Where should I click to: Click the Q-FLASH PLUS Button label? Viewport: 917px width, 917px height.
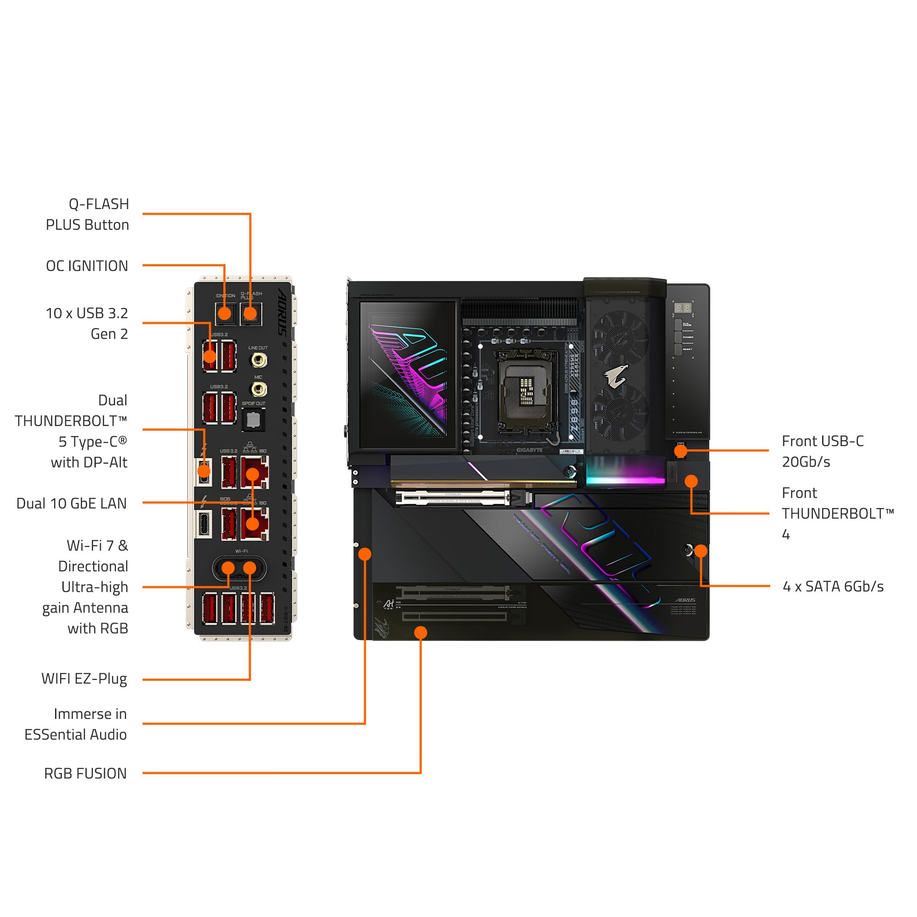[x=87, y=215]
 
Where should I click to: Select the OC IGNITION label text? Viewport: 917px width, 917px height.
[x=87, y=266]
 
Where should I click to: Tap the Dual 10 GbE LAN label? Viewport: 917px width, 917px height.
[x=72, y=503]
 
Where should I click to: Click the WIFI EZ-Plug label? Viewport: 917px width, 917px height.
[x=84, y=679]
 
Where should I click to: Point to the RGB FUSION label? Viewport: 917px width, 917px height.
[x=85, y=773]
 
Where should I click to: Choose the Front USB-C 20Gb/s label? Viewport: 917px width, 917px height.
[x=822, y=451]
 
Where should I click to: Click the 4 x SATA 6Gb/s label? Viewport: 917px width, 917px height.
[x=833, y=587]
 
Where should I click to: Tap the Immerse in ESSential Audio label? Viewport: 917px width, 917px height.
[x=76, y=724]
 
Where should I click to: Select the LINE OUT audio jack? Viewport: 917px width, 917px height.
[x=258, y=360]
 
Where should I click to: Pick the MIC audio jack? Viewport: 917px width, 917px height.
[x=258, y=390]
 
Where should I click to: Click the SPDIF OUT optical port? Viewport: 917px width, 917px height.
[x=254, y=420]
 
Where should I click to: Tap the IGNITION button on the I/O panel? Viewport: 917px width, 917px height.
[x=225, y=313]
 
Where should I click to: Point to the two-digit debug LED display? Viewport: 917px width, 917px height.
[x=683, y=308]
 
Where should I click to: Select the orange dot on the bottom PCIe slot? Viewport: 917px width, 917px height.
[x=420, y=632]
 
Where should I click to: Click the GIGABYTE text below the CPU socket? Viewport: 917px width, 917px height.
[x=529, y=450]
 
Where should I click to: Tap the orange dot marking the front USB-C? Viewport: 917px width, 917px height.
[x=680, y=450]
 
